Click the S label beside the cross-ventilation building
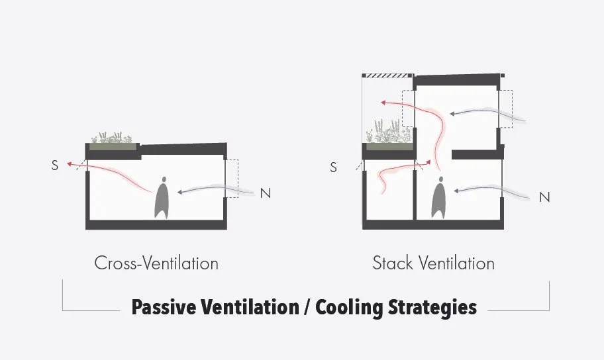pyautogui.click(x=54, y=165)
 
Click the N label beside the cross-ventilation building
pyautogui.click(x=266, y=193)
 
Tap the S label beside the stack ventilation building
pyautogui.click(x=333, y=167)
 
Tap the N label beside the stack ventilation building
pyautogui.click(x=544, y=197)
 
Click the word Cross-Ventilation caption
pyautogui.click(x=156, y=263)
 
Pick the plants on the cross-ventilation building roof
pyautogui.click(x=113, y=138)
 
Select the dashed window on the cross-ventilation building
pyautogui.click(x=231, y=179)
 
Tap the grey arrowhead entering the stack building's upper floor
pyautogui.click(x=453, y=112)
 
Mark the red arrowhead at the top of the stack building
pyautogui.click(x=383, y=103)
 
